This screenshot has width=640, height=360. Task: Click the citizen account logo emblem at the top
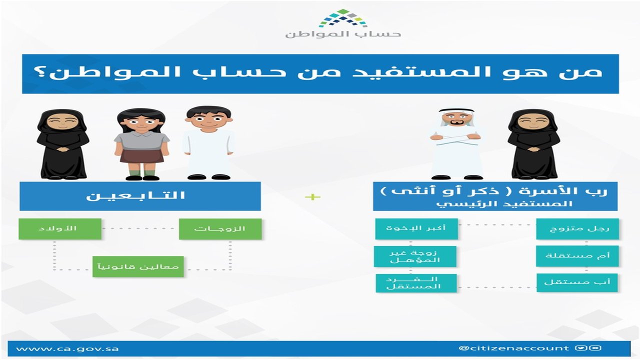[x=342, y=18]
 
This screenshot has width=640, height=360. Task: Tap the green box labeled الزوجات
[x=220, y=229]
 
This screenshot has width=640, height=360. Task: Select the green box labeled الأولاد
[x=60, y=229]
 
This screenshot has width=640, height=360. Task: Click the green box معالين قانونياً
[x=138, y=266]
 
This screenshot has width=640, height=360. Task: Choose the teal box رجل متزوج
[x=577, y=229]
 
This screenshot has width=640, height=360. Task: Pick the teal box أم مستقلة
[x=577, y=255]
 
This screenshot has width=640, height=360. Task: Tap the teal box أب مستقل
[x=577, y=282]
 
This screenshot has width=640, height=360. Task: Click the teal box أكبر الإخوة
[x=416, y=228]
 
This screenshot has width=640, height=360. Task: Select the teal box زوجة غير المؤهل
[x=415, y=256]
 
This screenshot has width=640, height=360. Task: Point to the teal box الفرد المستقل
[x=416, y=283]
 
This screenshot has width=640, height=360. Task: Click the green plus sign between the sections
[x=312, y=197]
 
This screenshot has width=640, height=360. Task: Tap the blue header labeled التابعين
[x=140, y=196]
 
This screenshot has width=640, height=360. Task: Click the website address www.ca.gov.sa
[x=67, y=349]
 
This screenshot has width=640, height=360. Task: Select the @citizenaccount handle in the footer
[x=513, y=348]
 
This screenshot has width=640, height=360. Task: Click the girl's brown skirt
[x=141, y=155]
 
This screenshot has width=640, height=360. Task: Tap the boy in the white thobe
[x=209, y=142]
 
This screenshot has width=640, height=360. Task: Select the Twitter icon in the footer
[x=580, y=348]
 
